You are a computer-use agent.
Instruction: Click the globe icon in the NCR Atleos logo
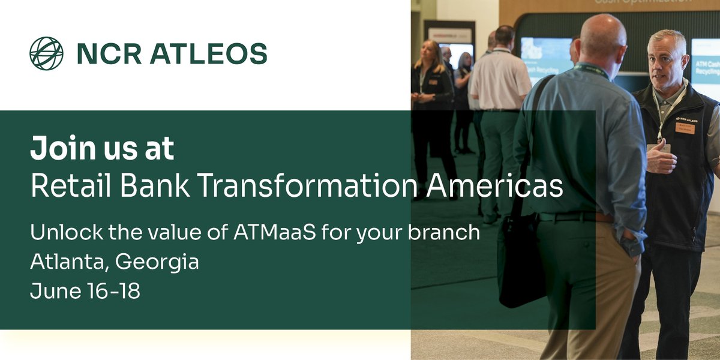pyautogui.click(x=46, y=53)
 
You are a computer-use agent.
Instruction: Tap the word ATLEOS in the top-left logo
pyautogui.click(x=209, y=54)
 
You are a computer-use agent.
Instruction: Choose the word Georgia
pyautogui.click(x=157, y=263)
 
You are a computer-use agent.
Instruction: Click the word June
pyautogui.click(x=52, y=292)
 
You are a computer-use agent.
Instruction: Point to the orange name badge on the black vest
pyautogui.click(x=685, y=127)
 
